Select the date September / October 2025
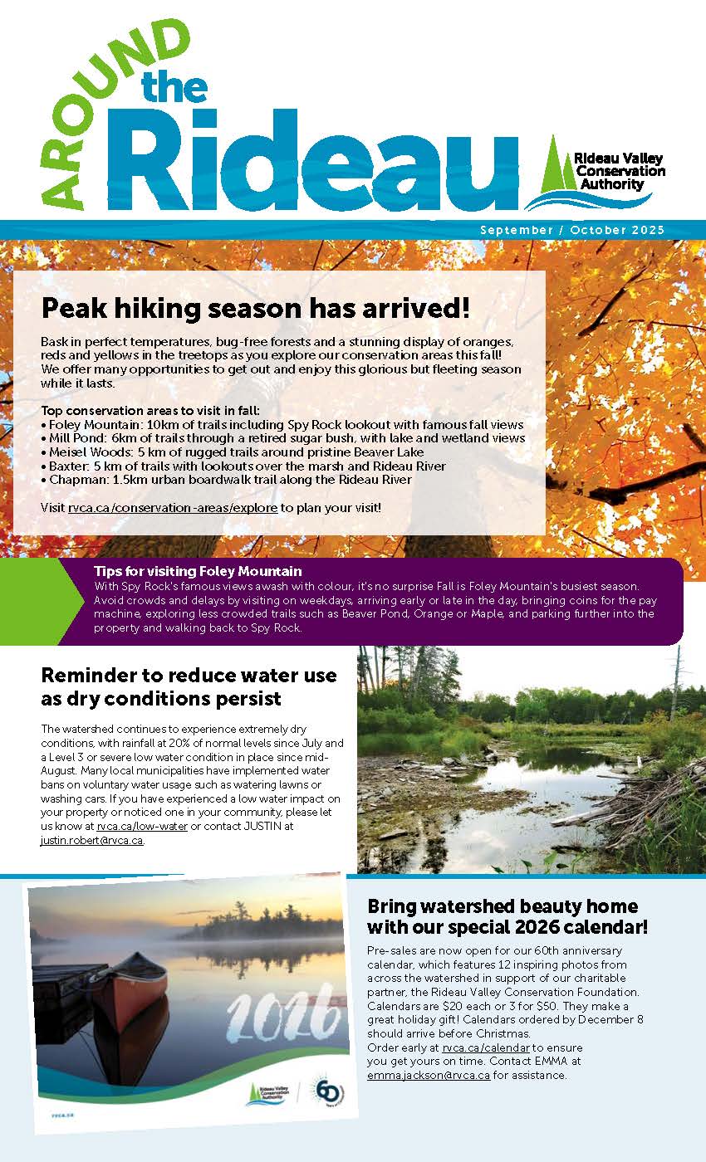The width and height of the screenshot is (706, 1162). [572, 230]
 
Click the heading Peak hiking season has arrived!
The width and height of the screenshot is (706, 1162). [256, 309]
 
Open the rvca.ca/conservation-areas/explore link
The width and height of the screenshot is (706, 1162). [173, 506]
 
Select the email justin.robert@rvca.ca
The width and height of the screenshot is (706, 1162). [91, 840]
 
